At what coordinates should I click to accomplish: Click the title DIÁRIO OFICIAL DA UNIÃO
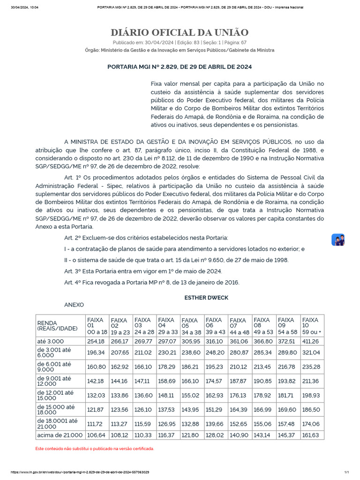pos(180,32)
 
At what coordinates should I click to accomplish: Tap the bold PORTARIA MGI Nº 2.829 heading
pos(180,67)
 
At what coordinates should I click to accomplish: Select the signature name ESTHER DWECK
pos(206,298)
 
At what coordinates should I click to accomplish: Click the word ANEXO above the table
pos(74,305)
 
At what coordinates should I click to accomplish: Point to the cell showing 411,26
pos(311,341)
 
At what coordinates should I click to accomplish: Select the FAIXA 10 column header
pos(311,325)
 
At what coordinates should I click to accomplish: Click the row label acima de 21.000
pos(60,435)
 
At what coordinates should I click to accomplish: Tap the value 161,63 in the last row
pos(311,435)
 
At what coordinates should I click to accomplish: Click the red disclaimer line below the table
pos(95,449)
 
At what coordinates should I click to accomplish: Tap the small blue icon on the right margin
pos(338,240)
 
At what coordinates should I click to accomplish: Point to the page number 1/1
pos(347,472)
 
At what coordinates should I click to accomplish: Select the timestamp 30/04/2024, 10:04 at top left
pos(24,7)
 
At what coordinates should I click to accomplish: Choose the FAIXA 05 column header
pos(191,325)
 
